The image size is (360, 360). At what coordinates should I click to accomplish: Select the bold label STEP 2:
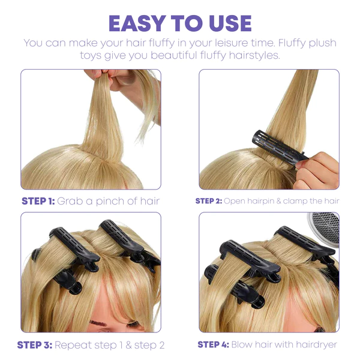click(x=208, y=201)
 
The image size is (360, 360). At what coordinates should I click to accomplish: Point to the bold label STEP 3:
click(x=35, y=345)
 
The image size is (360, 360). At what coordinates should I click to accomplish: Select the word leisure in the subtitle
click(x=227, y=43)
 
